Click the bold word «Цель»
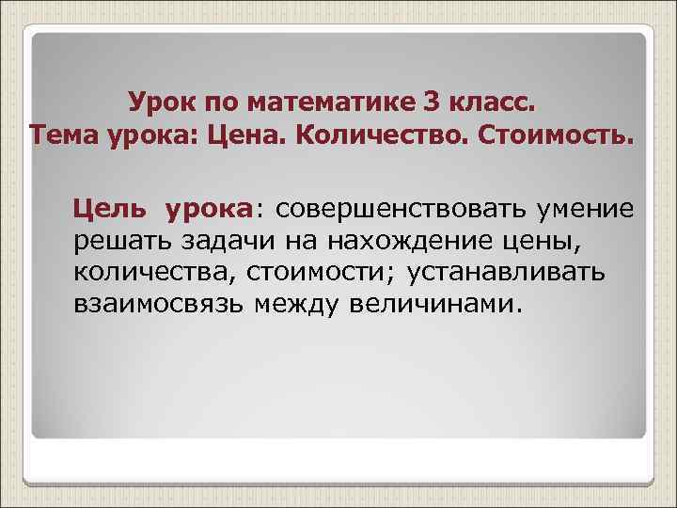point(108,208)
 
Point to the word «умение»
point(589,208)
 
